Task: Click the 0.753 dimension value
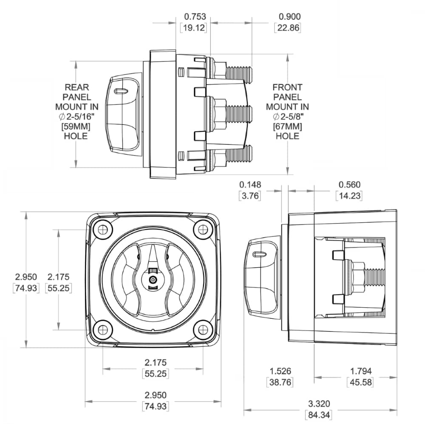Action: tap(195, 17)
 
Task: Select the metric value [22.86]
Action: tap(288, 28)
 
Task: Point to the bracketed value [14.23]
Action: tap(349, 196)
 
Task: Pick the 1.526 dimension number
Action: tap(280, 371)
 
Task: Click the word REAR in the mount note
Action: tap(76, 87)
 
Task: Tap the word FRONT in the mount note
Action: tap(287, 87)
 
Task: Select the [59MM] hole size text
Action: tap(76, 126)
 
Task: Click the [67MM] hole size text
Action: tap(287, 126)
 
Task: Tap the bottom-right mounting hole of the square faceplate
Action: tap(203, 329)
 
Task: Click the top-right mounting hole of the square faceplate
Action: tap(203, 229)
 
